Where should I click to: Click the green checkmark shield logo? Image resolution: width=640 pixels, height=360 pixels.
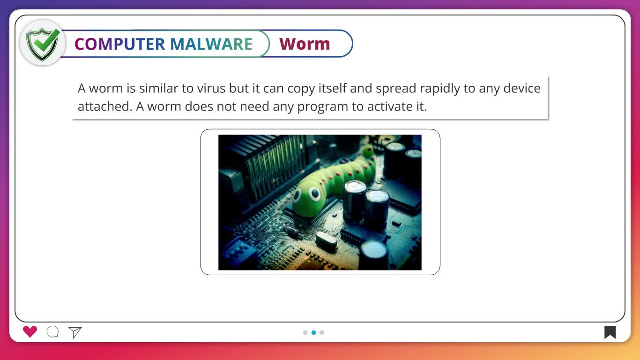point(43,44)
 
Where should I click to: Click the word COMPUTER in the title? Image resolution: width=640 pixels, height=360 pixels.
point(120,44)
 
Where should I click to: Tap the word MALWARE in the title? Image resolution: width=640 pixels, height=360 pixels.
point(211,44)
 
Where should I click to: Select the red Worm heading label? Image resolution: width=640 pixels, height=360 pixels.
point(305,44)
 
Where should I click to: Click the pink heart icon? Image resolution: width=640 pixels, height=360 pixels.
point(30,332)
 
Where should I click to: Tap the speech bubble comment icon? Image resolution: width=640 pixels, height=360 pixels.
point(52,332)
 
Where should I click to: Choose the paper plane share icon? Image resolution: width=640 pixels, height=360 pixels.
point(75,332)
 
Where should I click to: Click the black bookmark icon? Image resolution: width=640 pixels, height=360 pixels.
point(610,332)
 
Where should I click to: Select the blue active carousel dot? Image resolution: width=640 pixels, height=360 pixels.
point(314,332)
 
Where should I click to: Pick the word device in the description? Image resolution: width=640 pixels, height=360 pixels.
point(522,88)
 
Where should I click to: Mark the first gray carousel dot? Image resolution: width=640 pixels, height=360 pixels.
point(305,332)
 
